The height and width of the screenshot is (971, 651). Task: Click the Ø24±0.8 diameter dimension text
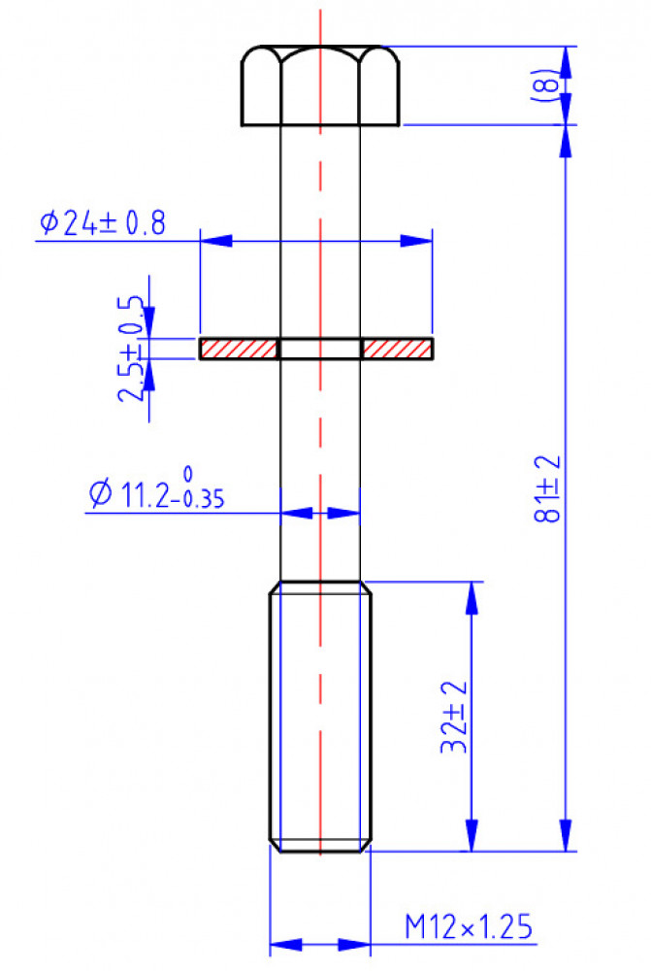103,223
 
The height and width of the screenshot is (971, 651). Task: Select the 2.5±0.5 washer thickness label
131,350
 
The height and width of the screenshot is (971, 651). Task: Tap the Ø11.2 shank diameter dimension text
156,489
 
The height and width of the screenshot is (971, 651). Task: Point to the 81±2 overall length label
547,488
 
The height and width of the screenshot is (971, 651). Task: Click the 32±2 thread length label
454,717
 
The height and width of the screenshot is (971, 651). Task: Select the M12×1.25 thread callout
469,926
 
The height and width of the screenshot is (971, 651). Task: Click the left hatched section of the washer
239,349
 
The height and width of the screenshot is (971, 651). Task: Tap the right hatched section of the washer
397,349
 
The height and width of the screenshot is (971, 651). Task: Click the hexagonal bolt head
320,85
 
